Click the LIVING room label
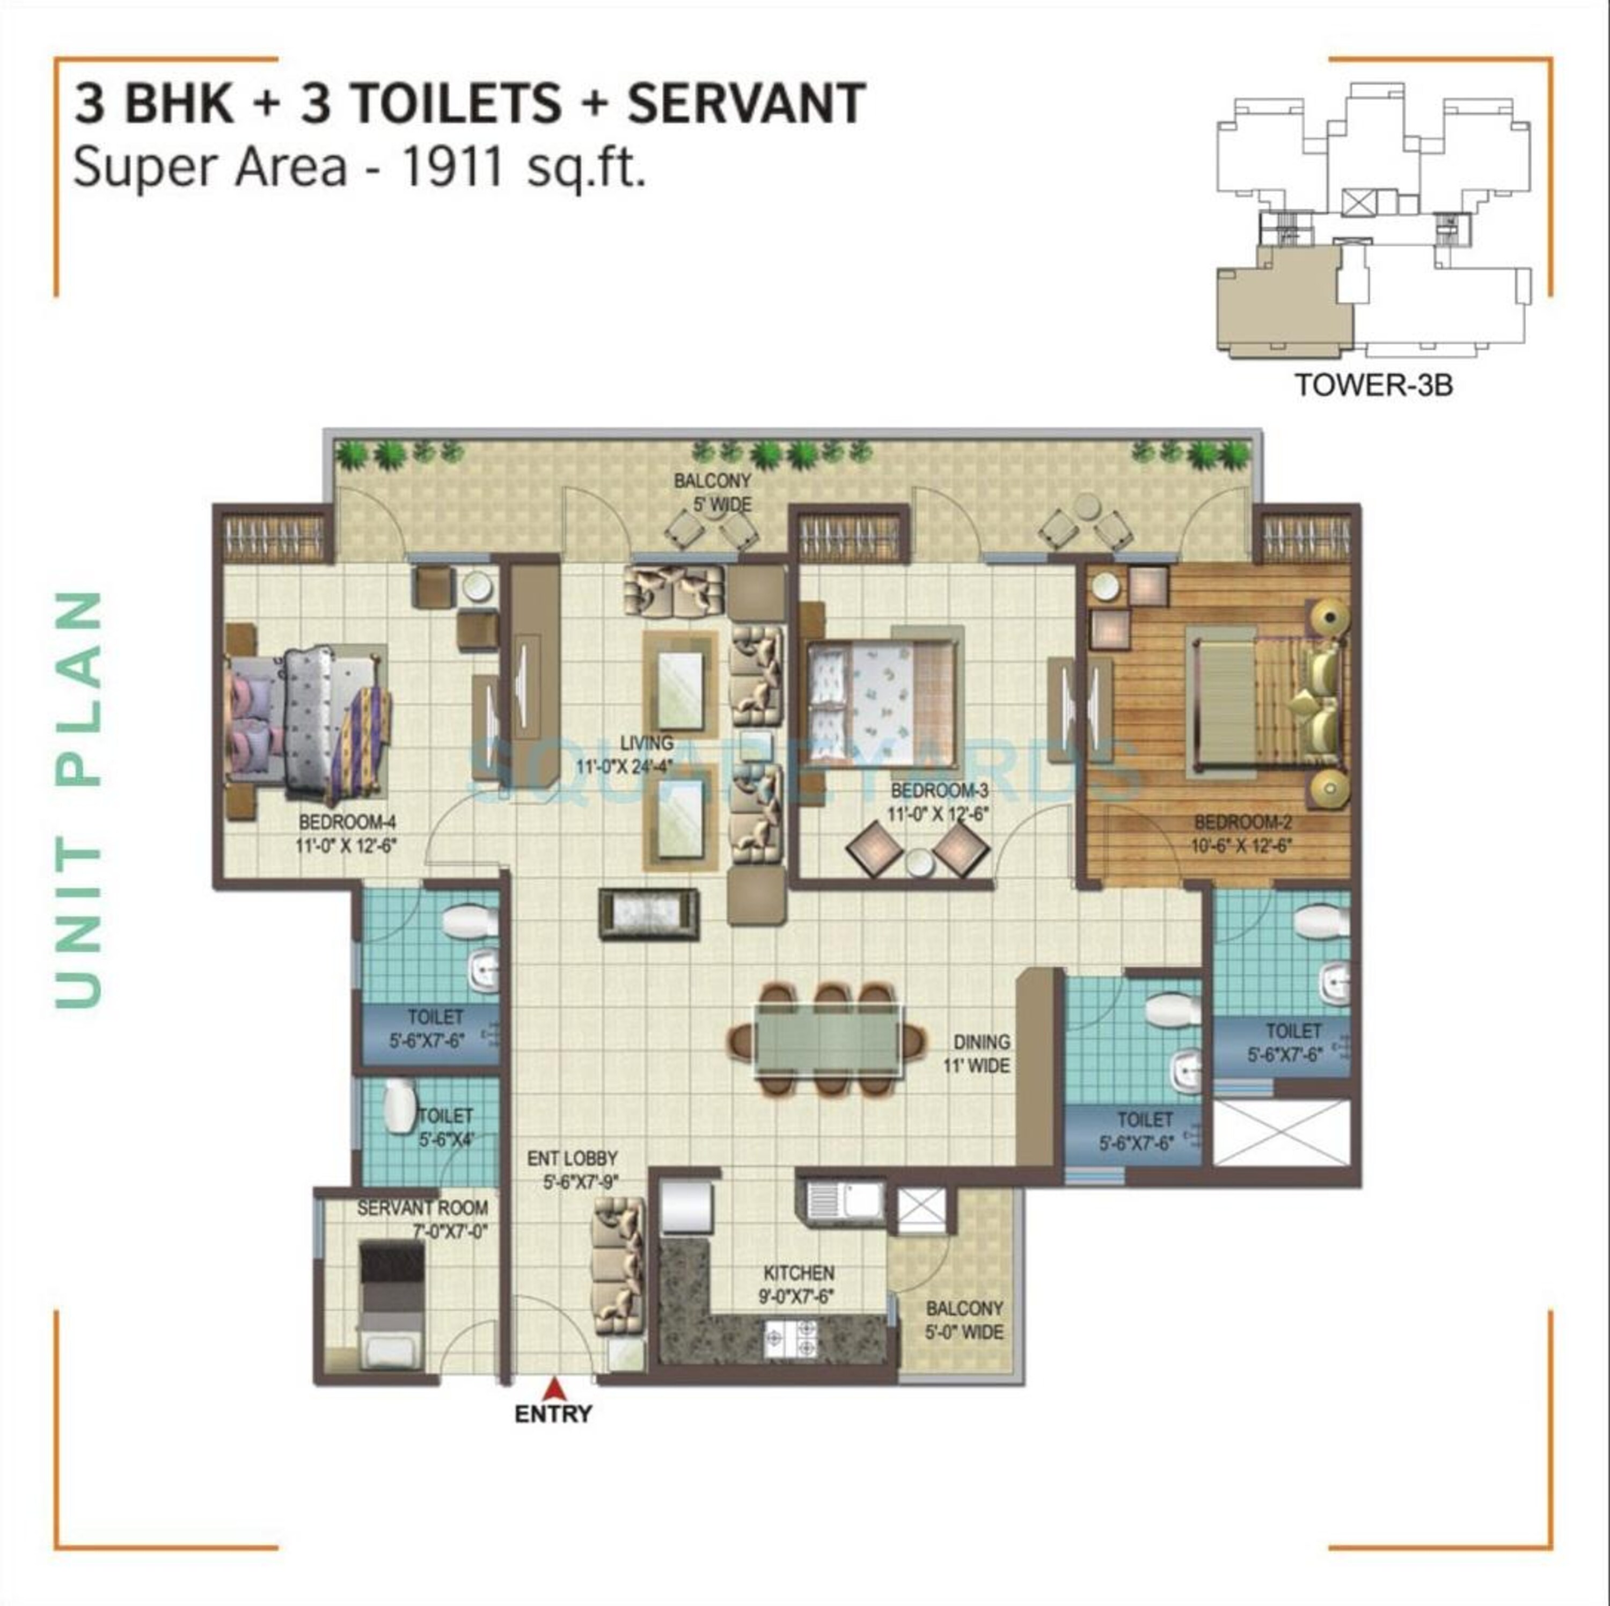pos(647,742)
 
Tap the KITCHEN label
pos(799,1273)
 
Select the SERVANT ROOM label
pos(422,1208)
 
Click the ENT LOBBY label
pos(573,1158)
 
